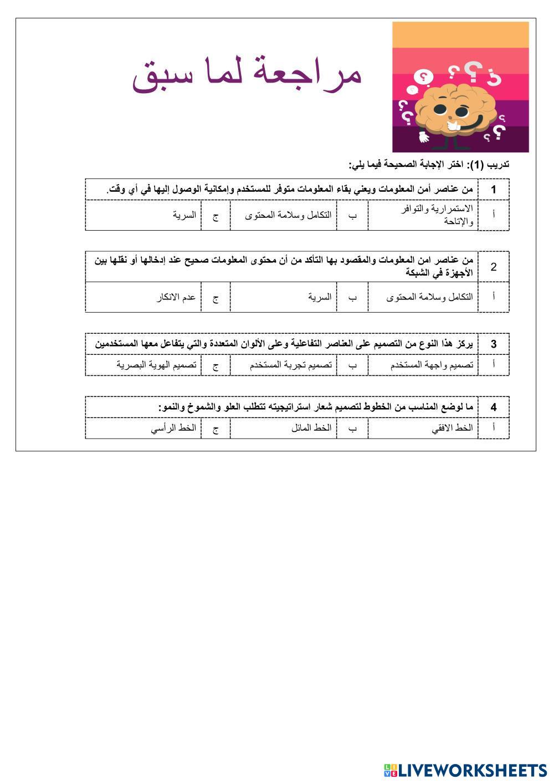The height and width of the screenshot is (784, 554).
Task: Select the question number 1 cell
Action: click(x=493, y=190)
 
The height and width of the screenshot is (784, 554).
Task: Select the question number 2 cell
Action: click(x=493, y=267)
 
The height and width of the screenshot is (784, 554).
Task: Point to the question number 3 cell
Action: click(x=493, y=344)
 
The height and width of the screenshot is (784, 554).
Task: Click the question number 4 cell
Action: click(x=493, y=407)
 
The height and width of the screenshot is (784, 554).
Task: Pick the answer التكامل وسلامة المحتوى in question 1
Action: click(x=289, y=215)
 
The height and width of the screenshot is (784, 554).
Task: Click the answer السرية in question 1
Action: click(x=184, y=215)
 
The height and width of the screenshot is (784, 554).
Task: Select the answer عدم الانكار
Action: click(x=176, y=297)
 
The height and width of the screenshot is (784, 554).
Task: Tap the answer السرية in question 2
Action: click(x=320, y=297)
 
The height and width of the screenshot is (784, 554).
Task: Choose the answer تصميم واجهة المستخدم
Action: click(x=432, y=365)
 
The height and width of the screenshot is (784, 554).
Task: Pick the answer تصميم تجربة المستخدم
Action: click(x=290, y=365)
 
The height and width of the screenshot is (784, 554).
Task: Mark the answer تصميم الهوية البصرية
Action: click(x=156, y=365)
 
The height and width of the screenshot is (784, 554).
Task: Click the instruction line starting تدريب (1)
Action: click(x=429, y=165)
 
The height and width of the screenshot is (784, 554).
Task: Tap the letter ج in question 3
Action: click(x=216, y=365)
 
